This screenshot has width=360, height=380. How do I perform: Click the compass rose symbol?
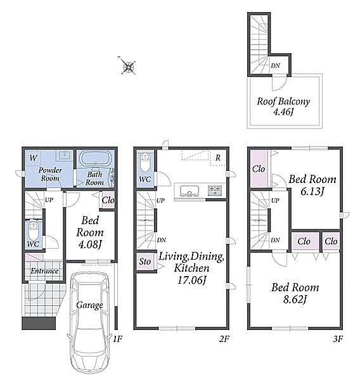pos(128,66)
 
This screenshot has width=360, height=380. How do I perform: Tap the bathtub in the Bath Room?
pos(95,158)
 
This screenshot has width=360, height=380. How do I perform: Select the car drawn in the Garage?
pos(89,325)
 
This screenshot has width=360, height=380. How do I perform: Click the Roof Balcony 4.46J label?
pos(283,106)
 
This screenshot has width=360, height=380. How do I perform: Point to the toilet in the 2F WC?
pos(145,162)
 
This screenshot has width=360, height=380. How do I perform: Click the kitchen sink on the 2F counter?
pos(190,191)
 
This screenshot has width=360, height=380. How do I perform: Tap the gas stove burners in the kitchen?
pos(215,190)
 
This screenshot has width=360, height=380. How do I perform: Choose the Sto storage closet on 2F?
pos(145,262)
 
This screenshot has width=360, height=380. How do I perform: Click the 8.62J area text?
pos(295,300)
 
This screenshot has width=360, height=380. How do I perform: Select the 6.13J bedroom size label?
pos(312,192)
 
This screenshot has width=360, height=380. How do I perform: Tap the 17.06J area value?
pos(191,281)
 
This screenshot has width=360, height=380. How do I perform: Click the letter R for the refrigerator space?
pos(218,158)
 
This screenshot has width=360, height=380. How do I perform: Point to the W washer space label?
pos(33,158)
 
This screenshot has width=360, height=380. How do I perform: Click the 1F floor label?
pos(117,339)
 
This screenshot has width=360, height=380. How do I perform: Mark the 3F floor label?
pos(337,339)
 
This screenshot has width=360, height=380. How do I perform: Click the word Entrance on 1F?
pos(44,271)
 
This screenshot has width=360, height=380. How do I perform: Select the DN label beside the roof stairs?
pos(275,65)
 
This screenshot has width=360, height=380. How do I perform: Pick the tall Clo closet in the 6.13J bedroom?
pos(259,169)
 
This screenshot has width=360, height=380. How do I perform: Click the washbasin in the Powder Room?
pos(64,155)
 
